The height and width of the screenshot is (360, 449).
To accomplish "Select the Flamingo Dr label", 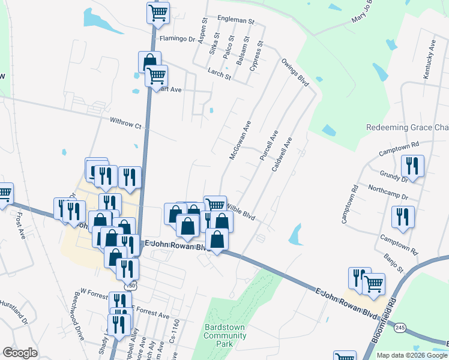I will coord(178,39).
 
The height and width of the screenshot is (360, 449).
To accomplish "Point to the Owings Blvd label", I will coord(295,72).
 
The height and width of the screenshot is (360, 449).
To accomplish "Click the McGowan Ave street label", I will coord(240,139).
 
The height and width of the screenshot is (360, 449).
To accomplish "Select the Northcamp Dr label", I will coord(388,197).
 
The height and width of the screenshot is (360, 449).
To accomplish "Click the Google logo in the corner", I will coord(20,353).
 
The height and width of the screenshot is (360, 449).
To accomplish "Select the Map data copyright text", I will coord(412,355).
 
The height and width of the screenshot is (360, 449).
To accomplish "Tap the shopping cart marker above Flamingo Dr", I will coord(158,12).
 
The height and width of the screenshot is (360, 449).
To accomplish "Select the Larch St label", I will coord(220,76).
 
